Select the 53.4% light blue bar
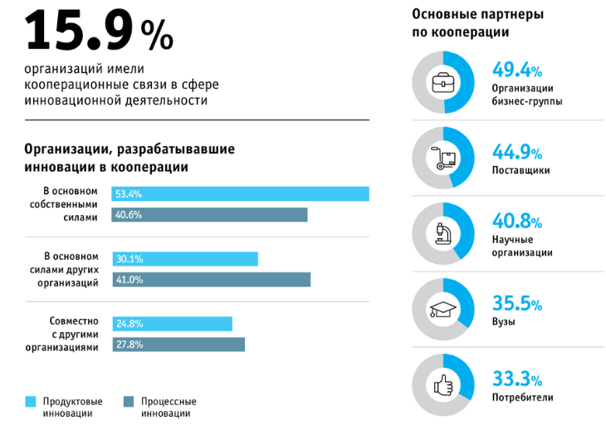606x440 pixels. pos(241,194)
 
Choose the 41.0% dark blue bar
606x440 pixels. pos(212,280)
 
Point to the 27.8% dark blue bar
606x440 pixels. pos(178,344)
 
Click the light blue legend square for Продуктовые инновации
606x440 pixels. pos(31,402)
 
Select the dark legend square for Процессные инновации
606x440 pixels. pos(129,402)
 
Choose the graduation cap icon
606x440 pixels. pos(442,310)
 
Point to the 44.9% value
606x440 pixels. pos(517,152)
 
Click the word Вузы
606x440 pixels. pos(504,322)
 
